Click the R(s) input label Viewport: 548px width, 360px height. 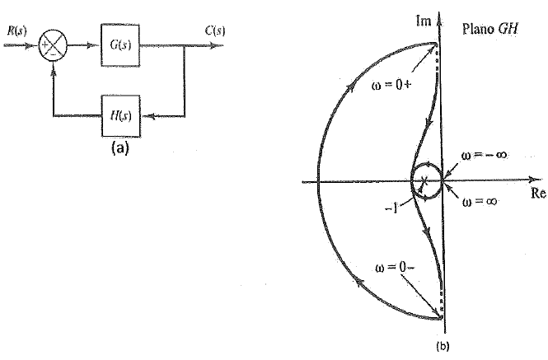[14, 31]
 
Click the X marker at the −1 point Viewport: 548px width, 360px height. [424, 181]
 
